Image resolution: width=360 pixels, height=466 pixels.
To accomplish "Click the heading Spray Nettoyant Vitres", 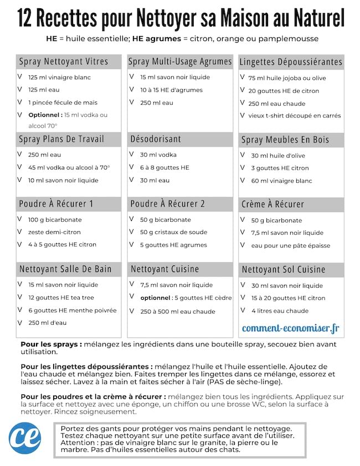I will pos(63,62).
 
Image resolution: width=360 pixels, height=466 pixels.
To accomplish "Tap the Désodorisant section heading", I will pos(155,139).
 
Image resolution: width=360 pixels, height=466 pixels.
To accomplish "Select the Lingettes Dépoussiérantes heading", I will pos(291,62).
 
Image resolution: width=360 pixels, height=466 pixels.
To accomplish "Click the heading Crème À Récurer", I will pos(272,204).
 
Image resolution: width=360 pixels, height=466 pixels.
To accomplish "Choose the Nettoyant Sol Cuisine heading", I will pos(283,270).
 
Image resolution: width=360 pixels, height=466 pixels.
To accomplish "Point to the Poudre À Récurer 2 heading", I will pos(167,204).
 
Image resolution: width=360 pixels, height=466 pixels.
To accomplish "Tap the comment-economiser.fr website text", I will pos(290,328).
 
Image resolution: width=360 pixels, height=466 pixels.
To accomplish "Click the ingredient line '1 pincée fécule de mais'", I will pos(63,103).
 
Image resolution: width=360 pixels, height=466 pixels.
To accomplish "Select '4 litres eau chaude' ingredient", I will pos(280,311).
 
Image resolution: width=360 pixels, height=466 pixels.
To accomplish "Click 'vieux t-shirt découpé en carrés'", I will pos(295,116).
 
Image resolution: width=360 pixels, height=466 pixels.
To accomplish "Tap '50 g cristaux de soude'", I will pos(173,232).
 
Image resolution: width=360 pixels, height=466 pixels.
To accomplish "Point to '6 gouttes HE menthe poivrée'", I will pos(72,310).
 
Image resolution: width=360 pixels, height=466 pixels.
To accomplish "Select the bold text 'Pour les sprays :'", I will pos(51,344).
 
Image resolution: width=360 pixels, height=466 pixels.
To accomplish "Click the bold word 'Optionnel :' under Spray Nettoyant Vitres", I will pos(45,115).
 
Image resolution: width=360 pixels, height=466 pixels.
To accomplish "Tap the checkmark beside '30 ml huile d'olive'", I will pos(243,156).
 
